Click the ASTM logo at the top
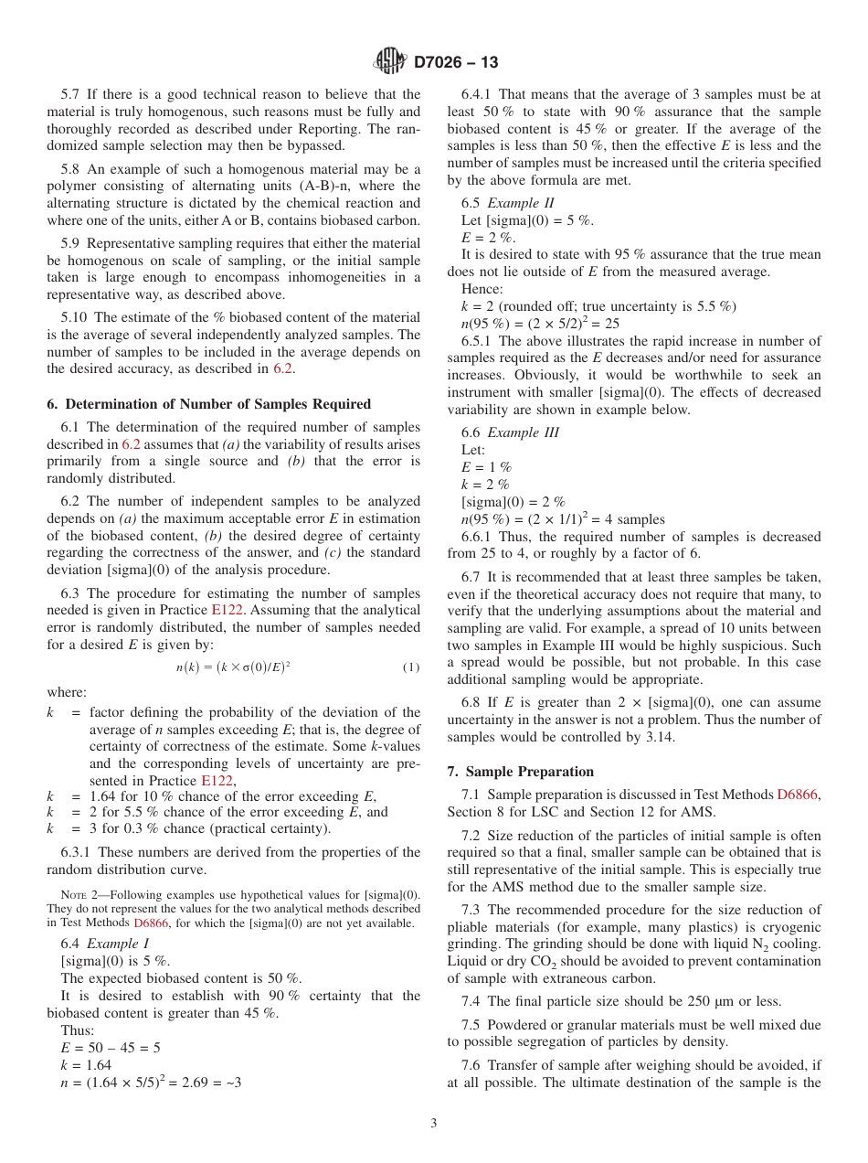tap(391, 62)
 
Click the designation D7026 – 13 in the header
tap(456, 63)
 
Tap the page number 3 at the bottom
tap(434, 1123)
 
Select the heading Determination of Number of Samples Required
tap(208, 404)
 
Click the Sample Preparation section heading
tap(520, 772)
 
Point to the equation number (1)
tap(411, 667)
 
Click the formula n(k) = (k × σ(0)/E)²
tap(233, 667)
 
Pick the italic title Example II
tap(521, 203)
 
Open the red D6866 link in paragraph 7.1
tap(798, 795)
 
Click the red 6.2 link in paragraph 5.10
tap(282, 369)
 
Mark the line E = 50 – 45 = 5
tap(111, 1048)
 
